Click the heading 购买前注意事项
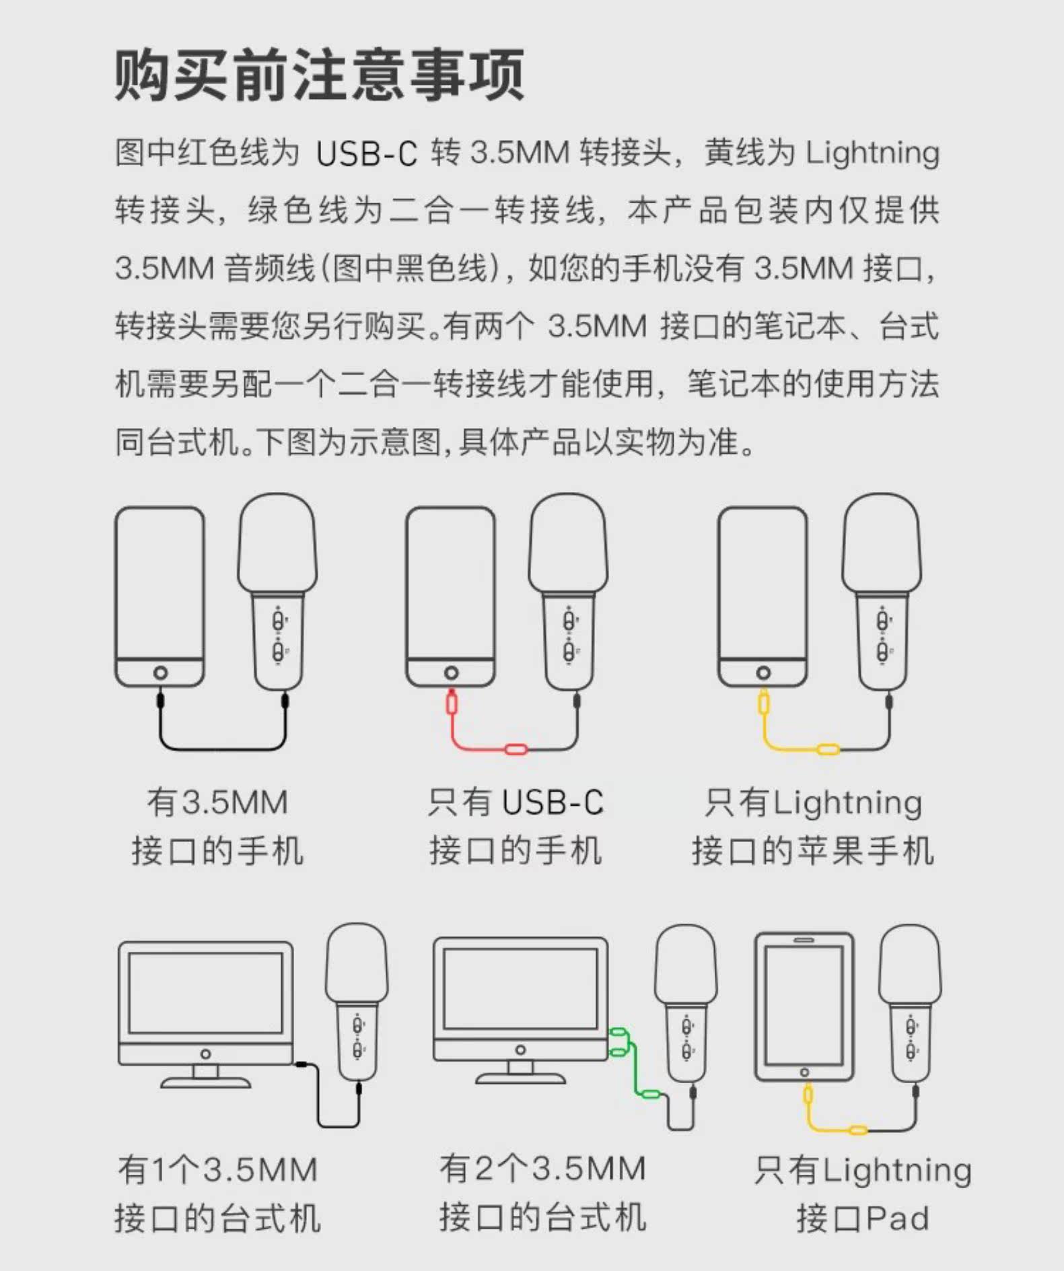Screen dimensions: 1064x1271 click(319, 74)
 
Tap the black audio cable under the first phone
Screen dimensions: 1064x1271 click(222, 748)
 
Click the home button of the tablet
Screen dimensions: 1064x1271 click(804, 1072)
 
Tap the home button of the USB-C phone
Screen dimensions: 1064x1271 click(451, 673)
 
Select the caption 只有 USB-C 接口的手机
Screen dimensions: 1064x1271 click(516, 826)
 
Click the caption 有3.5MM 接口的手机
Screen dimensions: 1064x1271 click(217, 826)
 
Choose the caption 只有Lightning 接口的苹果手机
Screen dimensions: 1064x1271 click(813, 826)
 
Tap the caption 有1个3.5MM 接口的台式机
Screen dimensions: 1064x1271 click(217, 1193)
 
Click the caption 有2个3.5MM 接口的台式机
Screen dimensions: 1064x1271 click(542, 1193)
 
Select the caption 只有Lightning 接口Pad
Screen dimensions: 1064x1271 click(863, 1193)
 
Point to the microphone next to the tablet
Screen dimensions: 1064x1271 click(910, 996)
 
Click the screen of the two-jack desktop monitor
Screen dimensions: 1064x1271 click(520, 988)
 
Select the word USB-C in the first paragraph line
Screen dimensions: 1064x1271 click(367, 153)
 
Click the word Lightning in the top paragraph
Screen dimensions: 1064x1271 click(872, 153)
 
